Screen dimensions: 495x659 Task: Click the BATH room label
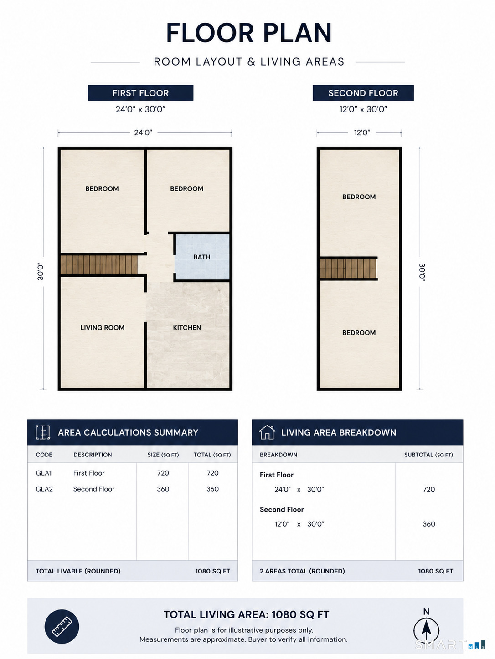click(x=201, y=257)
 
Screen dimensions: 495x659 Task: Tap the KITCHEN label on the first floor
click(x=187, y=328)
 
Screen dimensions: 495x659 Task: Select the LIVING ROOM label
click(x=102, y=328)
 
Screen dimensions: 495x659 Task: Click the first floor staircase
click(x=99, y=264)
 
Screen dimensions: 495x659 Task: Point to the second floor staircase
click(x=348, y=269)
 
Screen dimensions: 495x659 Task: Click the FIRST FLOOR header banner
click(x=140, y=93)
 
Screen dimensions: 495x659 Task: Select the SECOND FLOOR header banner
click(x=363, y=93)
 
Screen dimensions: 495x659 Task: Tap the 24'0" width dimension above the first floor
click(x=144, y=132)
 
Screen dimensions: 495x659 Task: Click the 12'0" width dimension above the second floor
click(x=362, y=132)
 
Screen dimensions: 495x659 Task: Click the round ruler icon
click(x=62, y=627)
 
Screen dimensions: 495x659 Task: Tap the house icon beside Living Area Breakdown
click(x=267, y=432)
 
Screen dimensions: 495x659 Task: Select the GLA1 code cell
click(x=44, y=473)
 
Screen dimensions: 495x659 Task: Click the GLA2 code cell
click(x=44, y=489)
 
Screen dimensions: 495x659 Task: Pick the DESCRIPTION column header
click(x=93, y=455)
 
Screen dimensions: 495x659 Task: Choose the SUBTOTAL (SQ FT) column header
click(x=428, y=455)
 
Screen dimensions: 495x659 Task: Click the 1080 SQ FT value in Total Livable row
click(x=212, y=571)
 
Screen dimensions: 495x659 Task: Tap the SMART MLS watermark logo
click(x=450, y=645)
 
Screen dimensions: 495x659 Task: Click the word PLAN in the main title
click(x=298, y=33)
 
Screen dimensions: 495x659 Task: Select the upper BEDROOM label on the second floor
click(x=359, y=197)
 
